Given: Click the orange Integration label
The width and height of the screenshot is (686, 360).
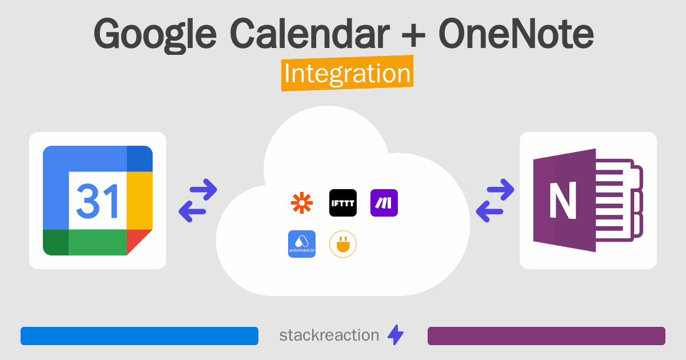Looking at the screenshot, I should click(x=347, y=74).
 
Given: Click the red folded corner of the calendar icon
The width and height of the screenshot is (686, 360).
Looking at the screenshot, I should click(x=139, y=242).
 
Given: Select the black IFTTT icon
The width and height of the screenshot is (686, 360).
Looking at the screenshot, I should click(x=343, y=203).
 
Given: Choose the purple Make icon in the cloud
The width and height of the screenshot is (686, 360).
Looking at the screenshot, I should click(x=384, y=203).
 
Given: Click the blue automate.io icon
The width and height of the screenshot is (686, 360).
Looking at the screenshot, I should click(x=302, y=244).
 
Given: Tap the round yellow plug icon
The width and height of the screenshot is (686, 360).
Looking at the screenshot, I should click(x=343, y=244).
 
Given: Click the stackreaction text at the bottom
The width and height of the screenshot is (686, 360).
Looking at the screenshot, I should click(x=329, y=335).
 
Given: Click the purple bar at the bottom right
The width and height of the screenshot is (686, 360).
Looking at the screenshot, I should click(x=546, y=336).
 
